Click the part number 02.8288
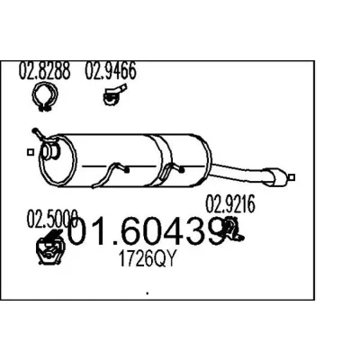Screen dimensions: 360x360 (45, 71)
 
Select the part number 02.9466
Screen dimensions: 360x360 (111, 71)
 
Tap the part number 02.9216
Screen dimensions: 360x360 (230, 204)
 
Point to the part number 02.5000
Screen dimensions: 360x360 (52, 219)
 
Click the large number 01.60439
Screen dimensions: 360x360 (146, 230)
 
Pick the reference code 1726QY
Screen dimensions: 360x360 (147, 258)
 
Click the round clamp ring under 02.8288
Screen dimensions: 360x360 (45, 96)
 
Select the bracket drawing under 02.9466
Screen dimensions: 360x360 (114, 94)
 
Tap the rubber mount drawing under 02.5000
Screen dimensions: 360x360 (49, 247)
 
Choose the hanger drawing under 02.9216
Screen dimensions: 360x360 (234, 229)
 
